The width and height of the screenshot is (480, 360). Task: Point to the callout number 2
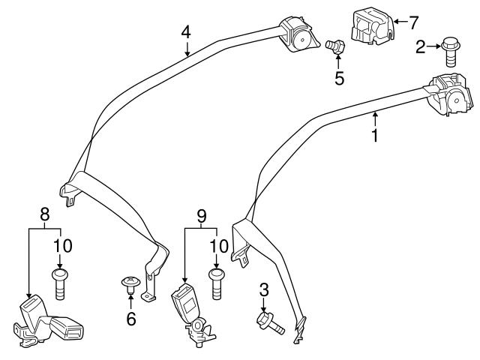[x=421, y=47]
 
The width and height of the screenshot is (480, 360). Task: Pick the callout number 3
[x=263, y=289]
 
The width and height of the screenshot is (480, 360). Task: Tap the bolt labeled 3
[x=269, y=322]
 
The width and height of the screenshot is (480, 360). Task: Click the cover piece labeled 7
[x=367, y=30]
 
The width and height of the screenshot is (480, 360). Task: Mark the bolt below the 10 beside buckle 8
[x=60, y=284]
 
